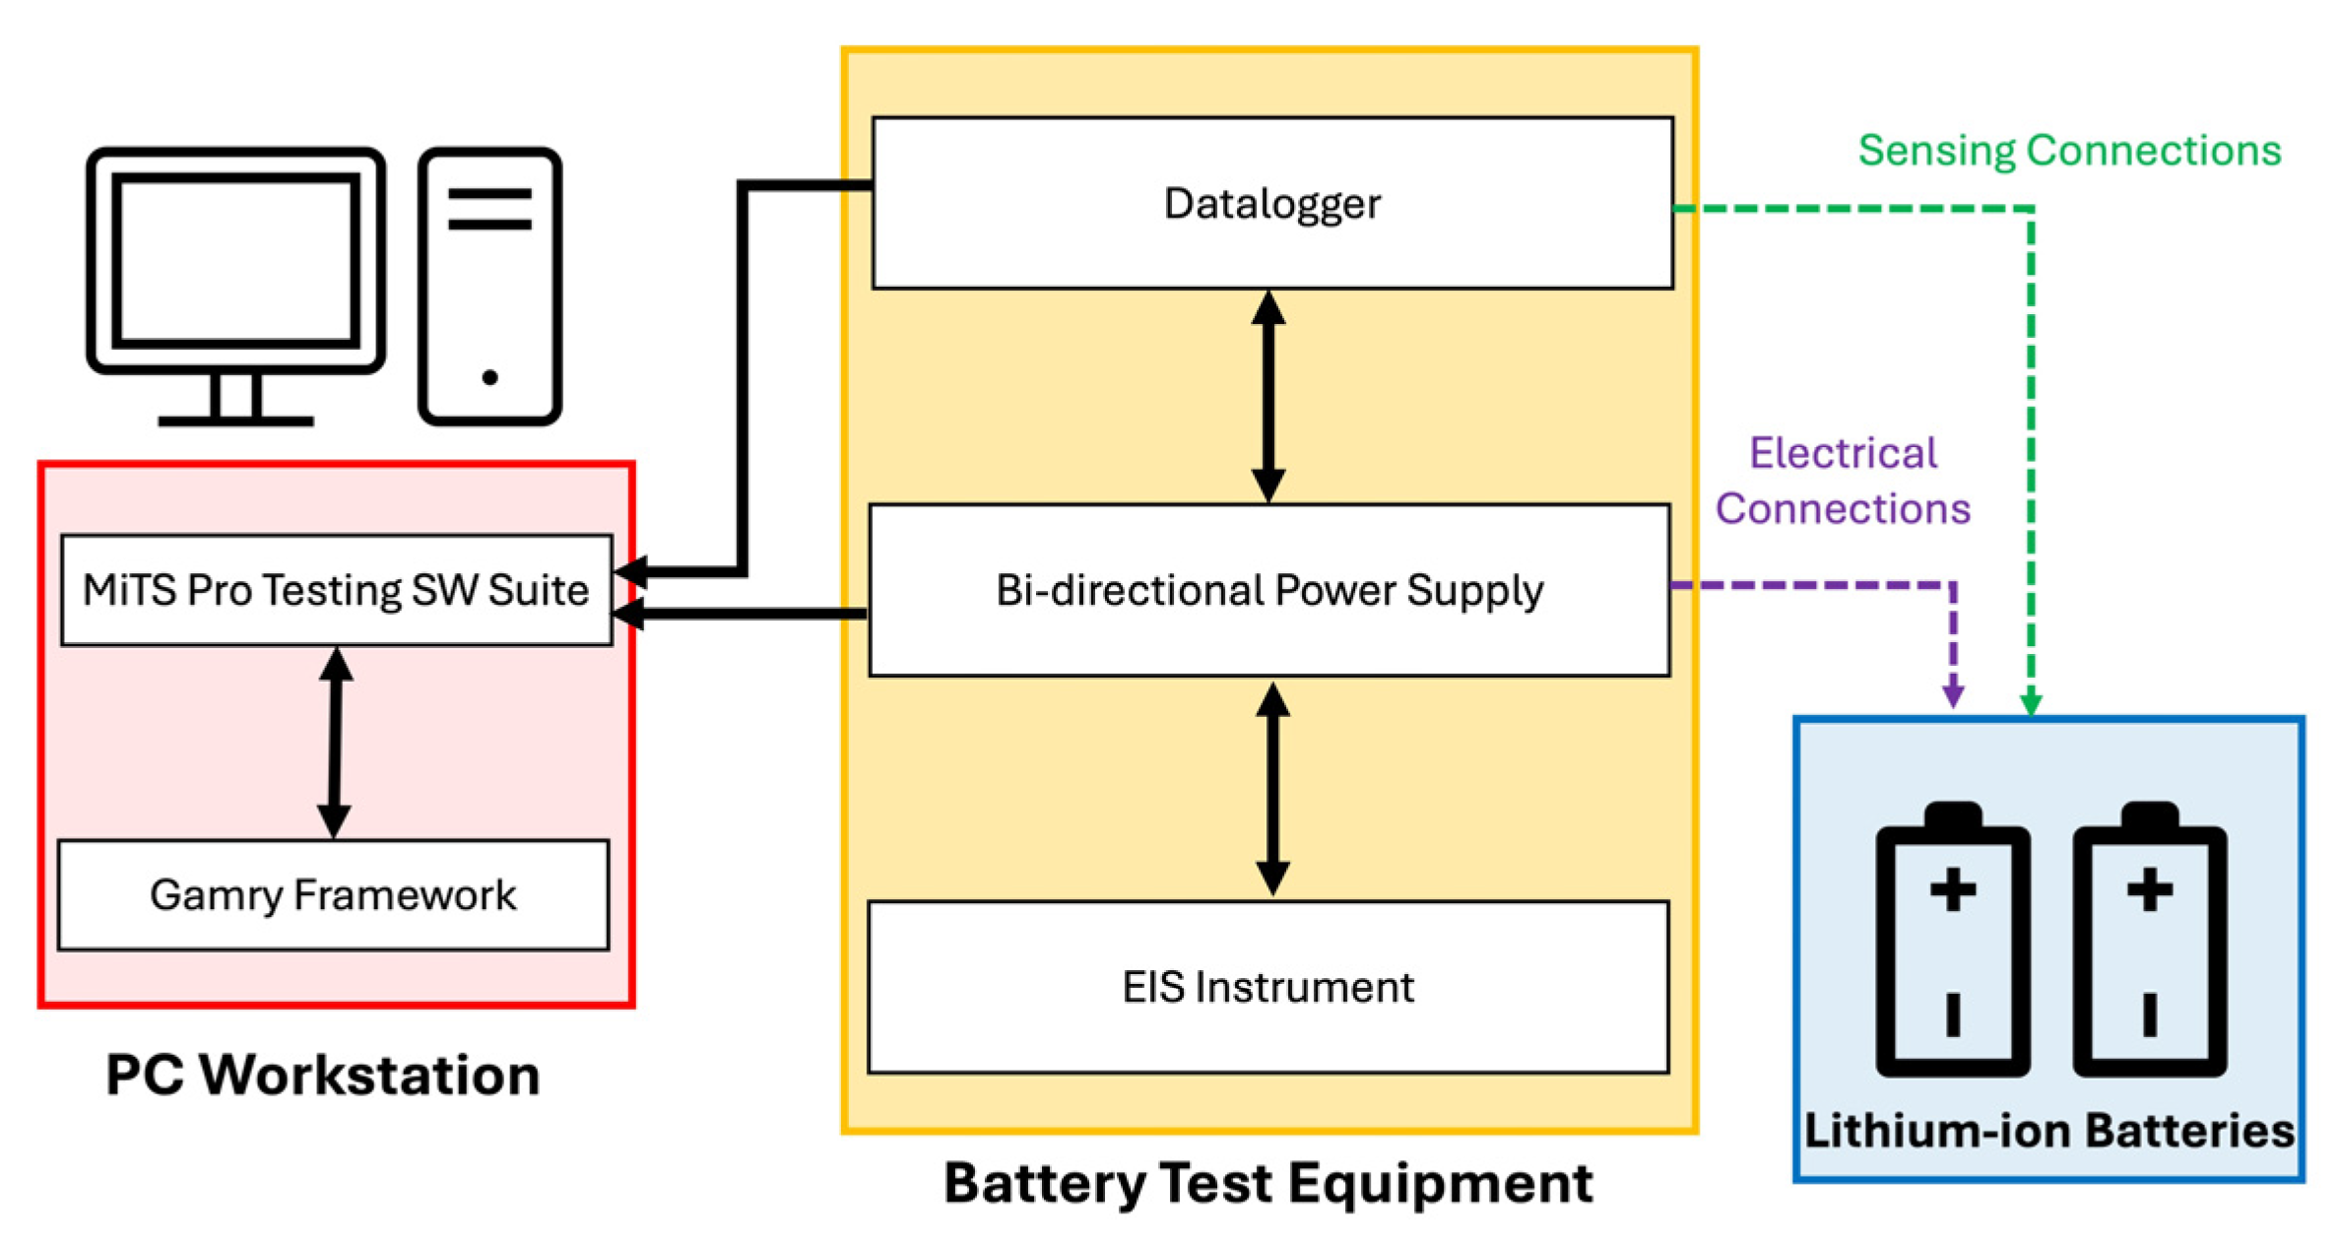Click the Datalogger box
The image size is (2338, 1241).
[1271, 203]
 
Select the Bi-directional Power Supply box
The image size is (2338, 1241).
[1269, 590]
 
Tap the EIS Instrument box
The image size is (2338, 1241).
[1268, 987]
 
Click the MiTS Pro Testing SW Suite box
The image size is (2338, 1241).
[336, 590]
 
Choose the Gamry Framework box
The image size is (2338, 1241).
[333, 894]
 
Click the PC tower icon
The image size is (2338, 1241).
[489, 286]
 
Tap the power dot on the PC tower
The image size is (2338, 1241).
[489, 377]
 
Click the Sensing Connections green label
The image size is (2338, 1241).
[2069, 151]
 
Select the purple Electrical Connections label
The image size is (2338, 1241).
[1843, 481]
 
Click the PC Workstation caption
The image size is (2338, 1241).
[323, 1075]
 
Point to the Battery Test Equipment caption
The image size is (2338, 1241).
[1268, 1183]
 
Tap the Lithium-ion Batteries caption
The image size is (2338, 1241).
[2048, 1130]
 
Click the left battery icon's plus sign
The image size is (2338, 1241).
[1952, 891]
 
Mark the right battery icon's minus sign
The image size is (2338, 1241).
[2150, 1014]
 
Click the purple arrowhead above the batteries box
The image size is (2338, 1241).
[1953, 693]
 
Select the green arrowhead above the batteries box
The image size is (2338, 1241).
[2031, 702]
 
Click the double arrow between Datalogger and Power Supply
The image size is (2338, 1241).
[1268, 396]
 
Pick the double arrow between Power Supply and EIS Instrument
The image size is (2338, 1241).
[1272, 788]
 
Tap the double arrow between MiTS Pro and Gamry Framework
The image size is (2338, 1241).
[335, 743]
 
